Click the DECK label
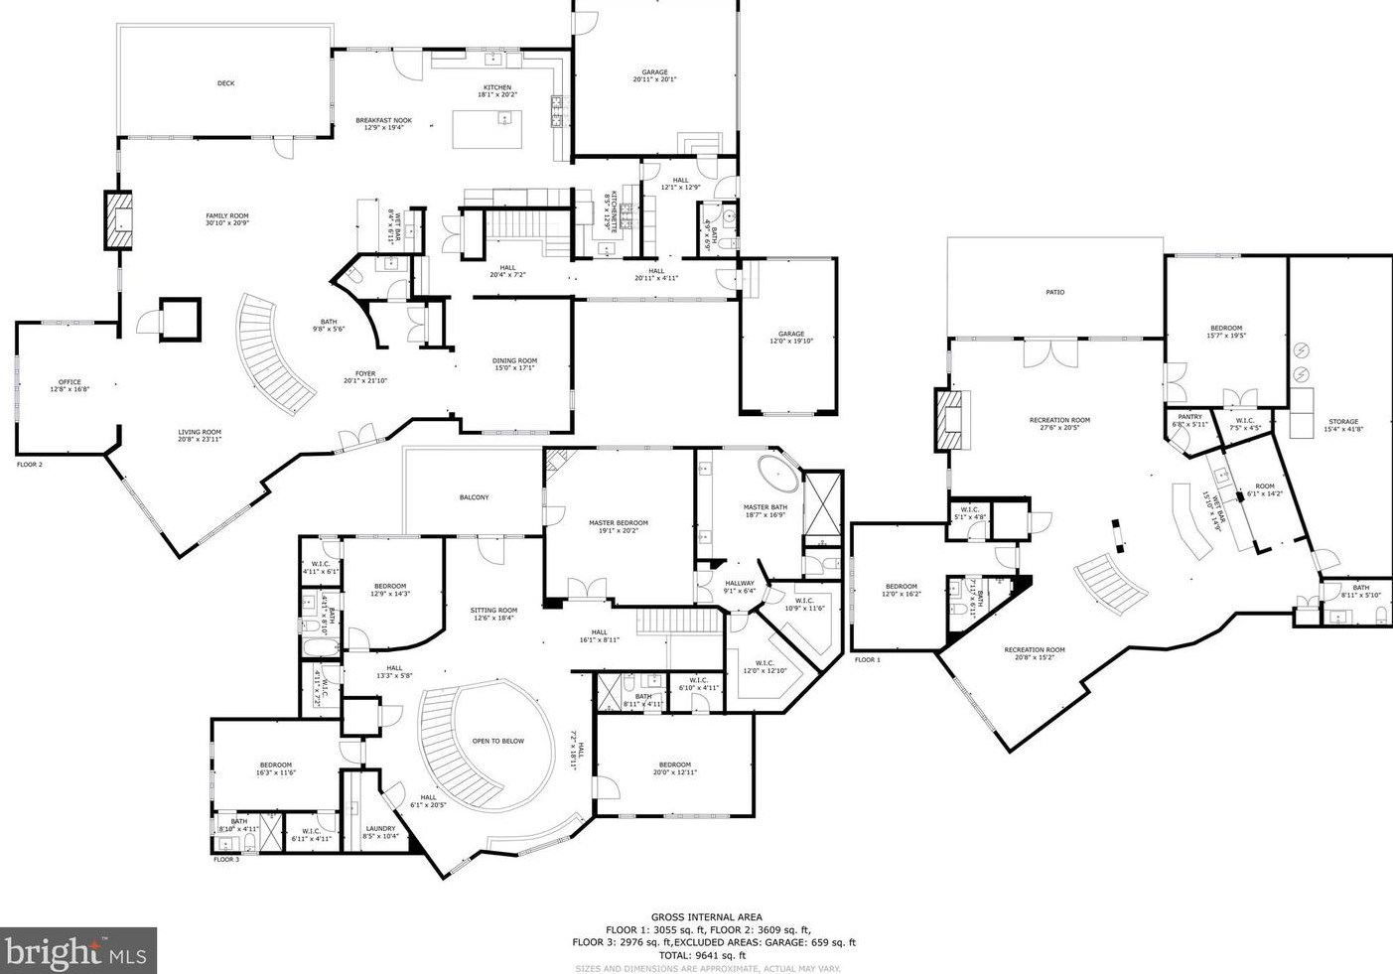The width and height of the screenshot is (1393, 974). pos(225,83)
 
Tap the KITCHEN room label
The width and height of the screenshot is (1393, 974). pos(496,87)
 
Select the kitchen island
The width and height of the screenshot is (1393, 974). pos(488,128)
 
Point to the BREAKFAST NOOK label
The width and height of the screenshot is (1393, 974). pos(383,121)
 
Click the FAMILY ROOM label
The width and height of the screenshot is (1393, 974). pos(226,215)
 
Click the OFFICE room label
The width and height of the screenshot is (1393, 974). pos(69,382)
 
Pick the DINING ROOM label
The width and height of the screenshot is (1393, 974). pos(514,361)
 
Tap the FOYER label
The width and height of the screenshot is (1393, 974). pos(365,374)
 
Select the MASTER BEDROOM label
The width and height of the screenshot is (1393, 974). pos(618,523)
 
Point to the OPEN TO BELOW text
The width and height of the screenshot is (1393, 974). pos(497,741)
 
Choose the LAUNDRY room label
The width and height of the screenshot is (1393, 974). pos(380,828)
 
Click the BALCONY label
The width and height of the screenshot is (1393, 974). pos(474,497)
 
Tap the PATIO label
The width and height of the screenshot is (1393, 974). pos(1054,292)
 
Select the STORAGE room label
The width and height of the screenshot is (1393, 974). pos(1342,422)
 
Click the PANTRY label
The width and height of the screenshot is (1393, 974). pos(1189,417)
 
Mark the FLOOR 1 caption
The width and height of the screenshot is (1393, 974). pos(867,659)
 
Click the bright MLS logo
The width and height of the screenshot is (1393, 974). pos(78,951)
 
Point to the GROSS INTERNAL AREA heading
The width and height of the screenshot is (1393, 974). pos(707,917)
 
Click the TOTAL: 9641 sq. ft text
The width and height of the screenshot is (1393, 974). pos(707,955)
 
